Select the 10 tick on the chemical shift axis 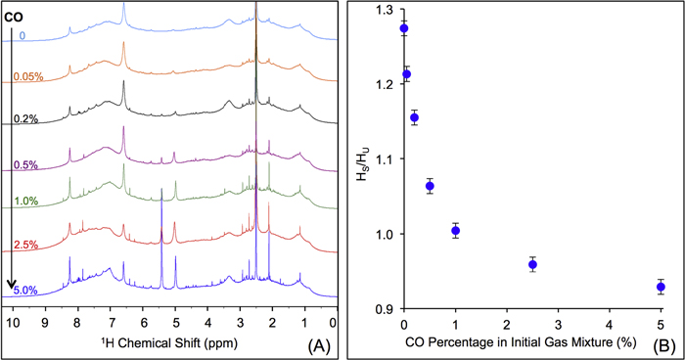click(12, 320)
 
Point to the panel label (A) click(315, 344)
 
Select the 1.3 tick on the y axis click(388, 10)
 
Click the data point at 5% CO click(661, 287)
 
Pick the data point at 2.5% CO click(532, 264)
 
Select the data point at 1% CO click(455, 231)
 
